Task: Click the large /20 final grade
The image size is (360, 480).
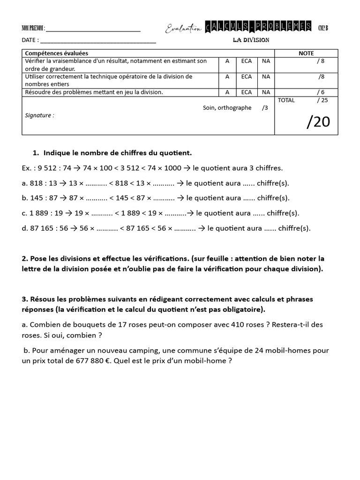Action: (x=318, y=122)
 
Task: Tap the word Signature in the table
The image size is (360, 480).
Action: (x=39, y=115)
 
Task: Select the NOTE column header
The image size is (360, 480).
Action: (x=306, y=53)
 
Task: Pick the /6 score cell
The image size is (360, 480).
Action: (x=321, y=92)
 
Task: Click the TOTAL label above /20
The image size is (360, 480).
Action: (x=286, y=100)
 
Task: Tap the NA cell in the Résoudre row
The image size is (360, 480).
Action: (x=266, y=92)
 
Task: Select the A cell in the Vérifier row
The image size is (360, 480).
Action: (x=227, y=61)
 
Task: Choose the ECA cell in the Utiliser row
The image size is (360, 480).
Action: (x=247, y=76)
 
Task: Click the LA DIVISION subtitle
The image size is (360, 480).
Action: (x=251, y=40)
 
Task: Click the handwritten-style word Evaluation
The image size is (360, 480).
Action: (x=183, y=29)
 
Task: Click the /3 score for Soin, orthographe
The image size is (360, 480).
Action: (x=265, y=108)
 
